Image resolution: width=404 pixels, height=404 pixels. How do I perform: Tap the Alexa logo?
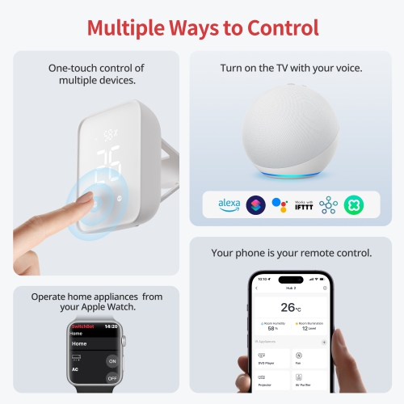(x=229, y=204)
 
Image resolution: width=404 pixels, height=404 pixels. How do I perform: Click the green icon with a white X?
(x=354, y=204)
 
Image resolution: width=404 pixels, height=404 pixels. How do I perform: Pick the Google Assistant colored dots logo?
(x=279, y=204)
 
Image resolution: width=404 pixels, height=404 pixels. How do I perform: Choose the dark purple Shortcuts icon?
(x=255, y=204)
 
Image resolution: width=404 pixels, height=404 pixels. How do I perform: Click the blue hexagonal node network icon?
(x=327, y=204)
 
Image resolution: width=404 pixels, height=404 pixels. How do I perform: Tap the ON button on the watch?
(x=112, y=360)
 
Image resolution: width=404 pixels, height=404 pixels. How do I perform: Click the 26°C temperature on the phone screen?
(x=290, y=307)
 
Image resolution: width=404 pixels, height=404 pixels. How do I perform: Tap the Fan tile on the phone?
(x=309, y=360)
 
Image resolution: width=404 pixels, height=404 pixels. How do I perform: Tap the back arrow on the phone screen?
(x=255, y=288)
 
